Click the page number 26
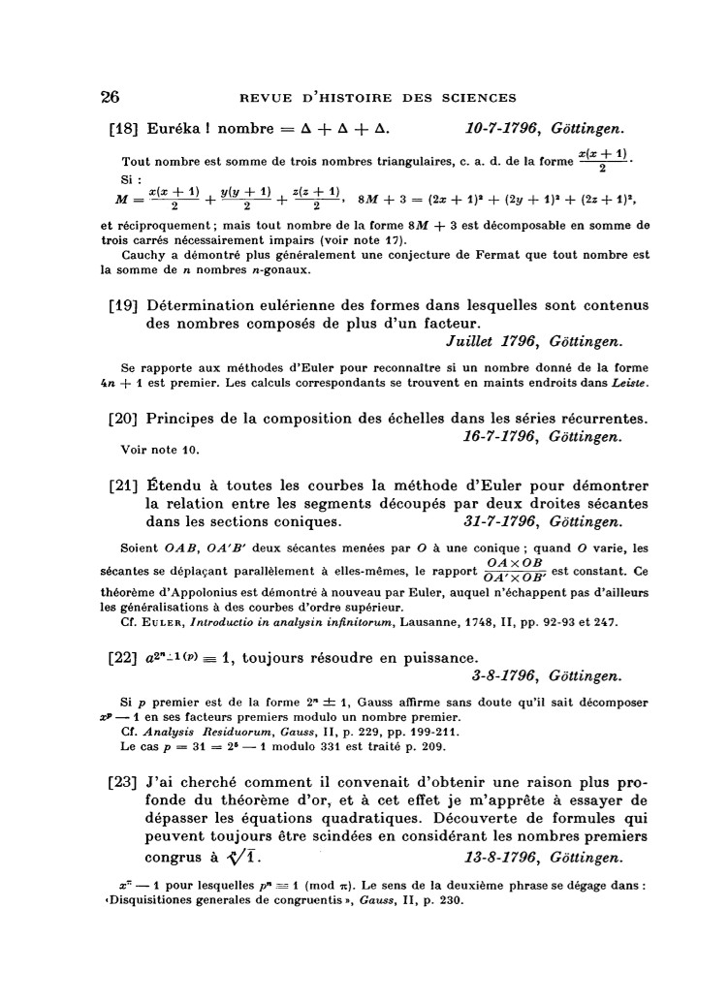pyautogui.click(x=110, y=96)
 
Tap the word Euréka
pyautogui.click(x=176, y=128)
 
